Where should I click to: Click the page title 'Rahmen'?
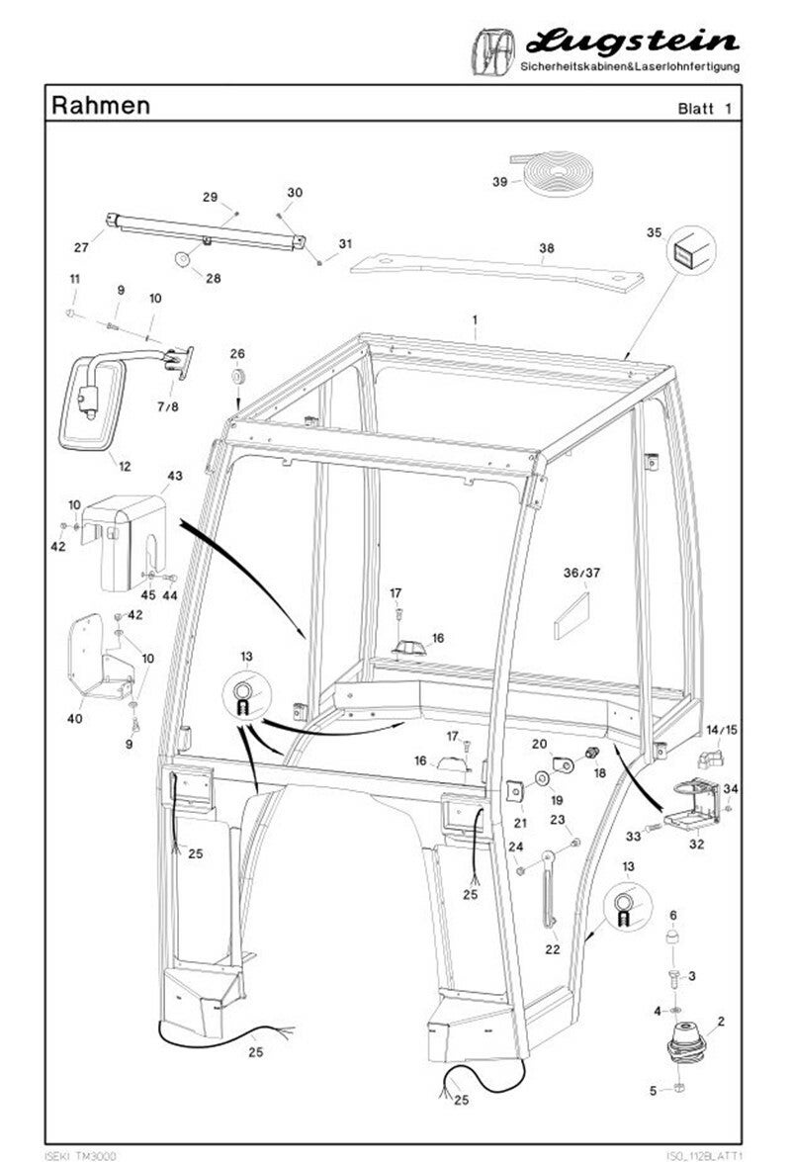(101, 105)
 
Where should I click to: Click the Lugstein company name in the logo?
(633, 43)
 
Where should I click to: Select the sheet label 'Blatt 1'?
(704, 108)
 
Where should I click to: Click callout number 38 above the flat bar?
(547, 248)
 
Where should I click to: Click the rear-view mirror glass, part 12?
(93, 404)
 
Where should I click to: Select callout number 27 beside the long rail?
(81, 247)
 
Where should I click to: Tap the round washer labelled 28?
(182, 259)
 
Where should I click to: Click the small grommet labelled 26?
(237, 377)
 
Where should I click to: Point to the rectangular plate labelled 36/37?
(571, 616)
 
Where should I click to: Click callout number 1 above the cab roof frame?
(476, 320)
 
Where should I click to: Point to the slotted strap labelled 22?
(548, 890)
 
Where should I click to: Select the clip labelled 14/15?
(710, 759)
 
